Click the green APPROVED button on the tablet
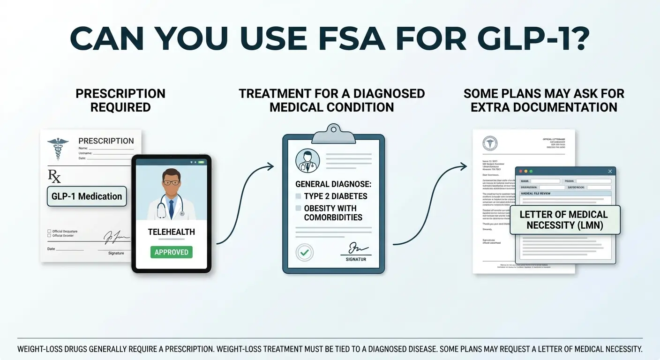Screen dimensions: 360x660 171,252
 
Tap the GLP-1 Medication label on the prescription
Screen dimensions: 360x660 87,196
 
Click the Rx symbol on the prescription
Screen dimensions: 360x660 54,176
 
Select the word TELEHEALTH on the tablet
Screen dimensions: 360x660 171,232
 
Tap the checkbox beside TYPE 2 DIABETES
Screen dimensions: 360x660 298,196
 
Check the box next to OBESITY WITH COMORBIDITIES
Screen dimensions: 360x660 298,208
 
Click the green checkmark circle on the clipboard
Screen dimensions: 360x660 304,253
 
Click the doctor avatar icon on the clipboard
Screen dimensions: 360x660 307,161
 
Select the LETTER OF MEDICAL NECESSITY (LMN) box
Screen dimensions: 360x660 564,220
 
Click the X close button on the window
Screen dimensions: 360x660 610,172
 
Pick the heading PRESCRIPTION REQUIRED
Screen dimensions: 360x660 120,100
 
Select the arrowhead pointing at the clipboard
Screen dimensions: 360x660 270,166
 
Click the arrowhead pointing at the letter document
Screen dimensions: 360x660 464,166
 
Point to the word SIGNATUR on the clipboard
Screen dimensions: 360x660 356,259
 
